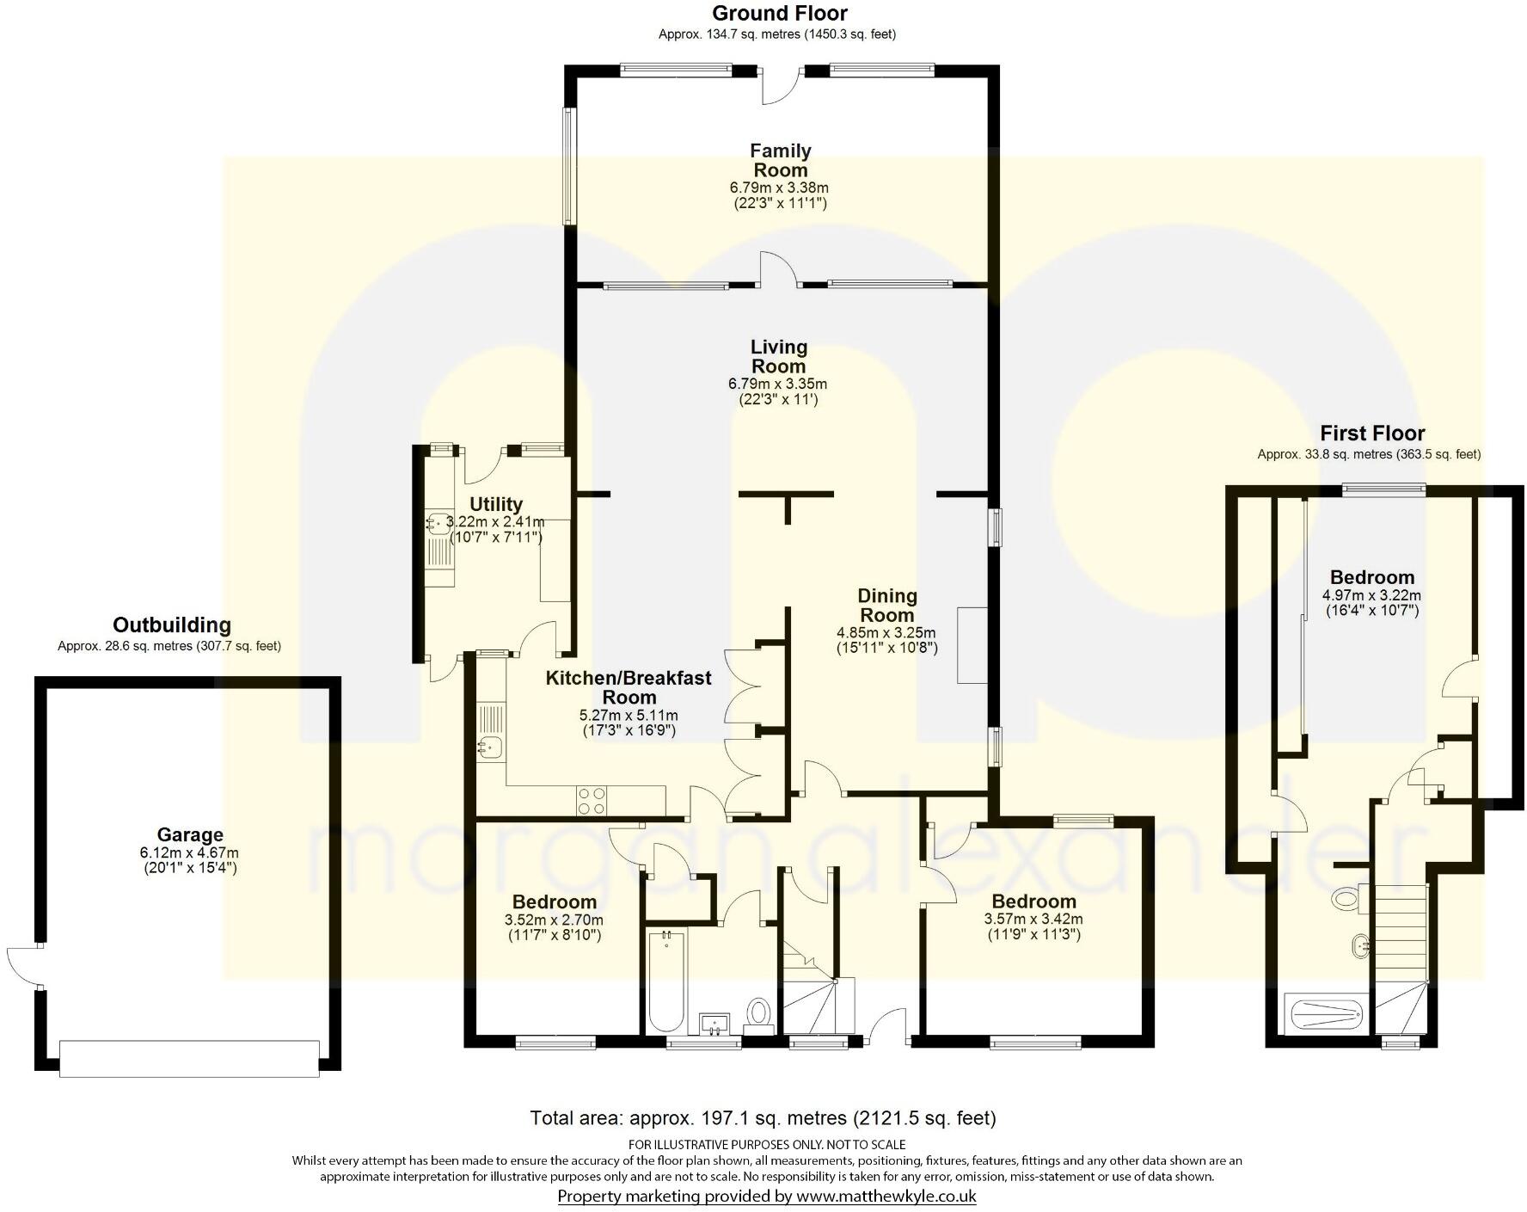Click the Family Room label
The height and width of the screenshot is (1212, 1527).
[x=781, y=161]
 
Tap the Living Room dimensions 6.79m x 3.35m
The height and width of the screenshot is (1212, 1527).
[x=778, y=384]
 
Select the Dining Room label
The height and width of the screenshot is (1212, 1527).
[x=887, y=606]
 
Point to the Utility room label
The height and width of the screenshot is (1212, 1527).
[x=496, y=504]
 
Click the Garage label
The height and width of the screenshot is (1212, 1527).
[x=190, y=834]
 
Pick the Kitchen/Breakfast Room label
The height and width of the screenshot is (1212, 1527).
[x=629, y=687]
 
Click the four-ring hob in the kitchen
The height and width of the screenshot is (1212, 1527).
[x=592, y=801]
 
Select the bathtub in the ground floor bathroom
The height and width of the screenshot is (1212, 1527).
[x=665, y=982]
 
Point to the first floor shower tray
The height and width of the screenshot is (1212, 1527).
[x=1323, y=1013]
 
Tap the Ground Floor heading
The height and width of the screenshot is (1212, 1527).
[x=780, y=13]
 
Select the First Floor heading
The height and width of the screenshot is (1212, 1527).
[x=1372, y=434]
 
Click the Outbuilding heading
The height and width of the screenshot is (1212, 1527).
[x=172, y=625]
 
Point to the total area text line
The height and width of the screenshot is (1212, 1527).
[x=763, y=1118]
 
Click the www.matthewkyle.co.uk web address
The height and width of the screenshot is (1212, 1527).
[x=886, y=1196]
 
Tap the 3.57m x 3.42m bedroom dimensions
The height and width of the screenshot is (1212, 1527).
[x=1033, y=919]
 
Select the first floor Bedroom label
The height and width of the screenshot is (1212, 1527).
[x=1372, y=577]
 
